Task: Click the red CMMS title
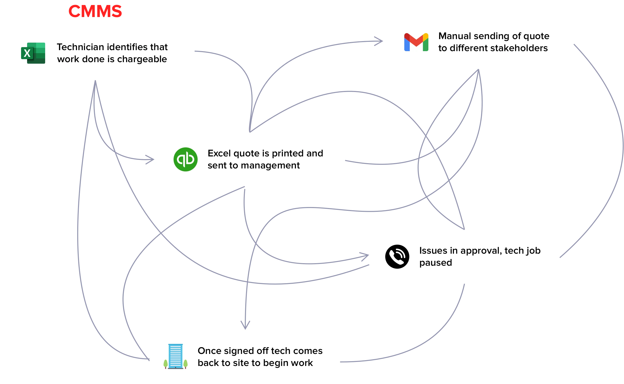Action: pyautogui.click(x=95, y=11)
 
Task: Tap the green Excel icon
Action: pyautogui.click(x=33, y=53)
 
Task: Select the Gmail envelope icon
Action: pyautogui.click(x=416, y=42)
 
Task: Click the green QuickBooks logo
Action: pyautogui.click(x=186, y=159)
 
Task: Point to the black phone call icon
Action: pyautogui.click(x=397, y=256)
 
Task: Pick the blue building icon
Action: pyautogui.click(x=176, y=356)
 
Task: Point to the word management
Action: pyautogui.click(x=270, y=166)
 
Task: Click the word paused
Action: pyautogui.click(x=435, y=263)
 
